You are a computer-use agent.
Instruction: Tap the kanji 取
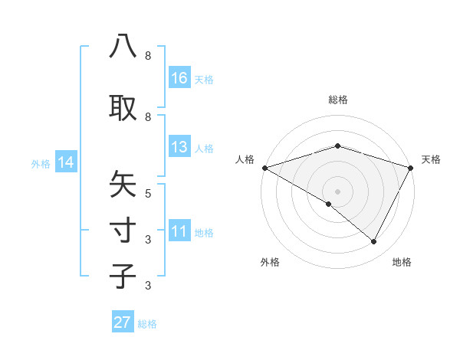(x=123, y=106)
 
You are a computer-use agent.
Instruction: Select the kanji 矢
(x=123, y=185)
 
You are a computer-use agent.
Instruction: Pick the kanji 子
(x=123, y=275)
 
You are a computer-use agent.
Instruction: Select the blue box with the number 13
(x=179, y=147)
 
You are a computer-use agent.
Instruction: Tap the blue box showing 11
(x=179, y=231)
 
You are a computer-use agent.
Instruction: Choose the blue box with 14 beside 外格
(x=65, y=162)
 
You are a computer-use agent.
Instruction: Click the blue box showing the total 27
(x=123, y=322)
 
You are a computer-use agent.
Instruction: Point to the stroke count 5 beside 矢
(x=148, y=193)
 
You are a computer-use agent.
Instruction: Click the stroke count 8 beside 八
(x=148, y=56)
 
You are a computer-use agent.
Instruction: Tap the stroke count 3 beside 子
(x=148, y=286)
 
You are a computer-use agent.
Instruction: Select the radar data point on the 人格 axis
(x=264, y=168)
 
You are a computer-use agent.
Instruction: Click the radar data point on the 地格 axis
(x=374, y=242)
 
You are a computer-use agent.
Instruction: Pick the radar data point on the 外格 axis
(x=329, y=204)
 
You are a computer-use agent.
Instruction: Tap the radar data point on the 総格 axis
(x=337, y=146)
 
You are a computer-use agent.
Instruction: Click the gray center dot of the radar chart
(x=337, y=191)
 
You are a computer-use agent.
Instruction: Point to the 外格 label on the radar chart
(x=270, y=262)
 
